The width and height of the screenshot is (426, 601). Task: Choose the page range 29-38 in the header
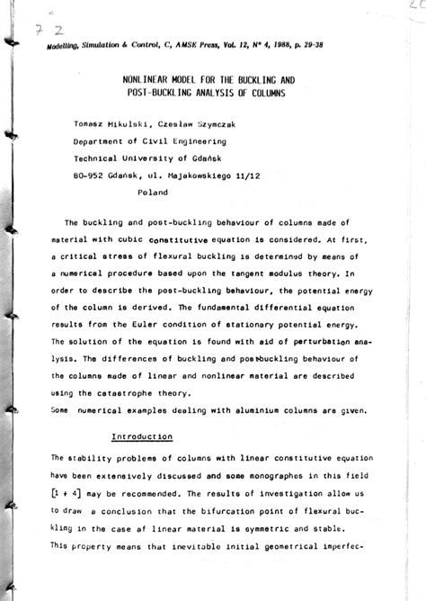pos(301,42)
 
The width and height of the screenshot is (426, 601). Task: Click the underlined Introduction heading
pos(142,435)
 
